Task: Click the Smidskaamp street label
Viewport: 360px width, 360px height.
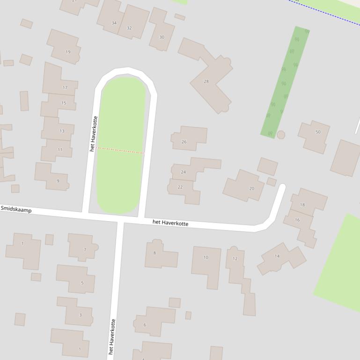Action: coord(16,209)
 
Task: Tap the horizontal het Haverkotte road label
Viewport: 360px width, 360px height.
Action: coord(170,223)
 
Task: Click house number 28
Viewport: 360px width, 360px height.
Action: coord(206,81)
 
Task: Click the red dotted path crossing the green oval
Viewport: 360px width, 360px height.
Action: coord(120,151)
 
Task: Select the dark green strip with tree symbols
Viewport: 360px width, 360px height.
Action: coord(285,82)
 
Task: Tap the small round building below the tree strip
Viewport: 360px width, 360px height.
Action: coord(281,135)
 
